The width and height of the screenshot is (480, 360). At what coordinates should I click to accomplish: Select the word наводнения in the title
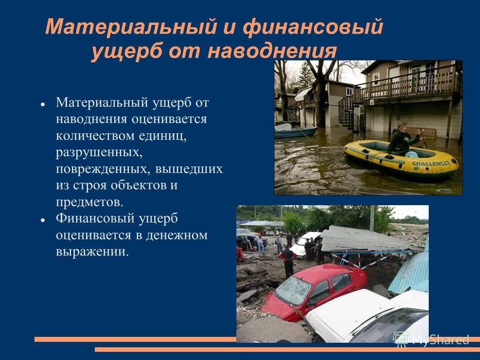pos(272,52)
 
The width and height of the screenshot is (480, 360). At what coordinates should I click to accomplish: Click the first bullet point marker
pos(42,104)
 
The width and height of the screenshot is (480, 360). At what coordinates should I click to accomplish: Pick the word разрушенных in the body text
pos(99,153)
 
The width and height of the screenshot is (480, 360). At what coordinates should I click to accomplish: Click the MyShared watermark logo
pos(431,339)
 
